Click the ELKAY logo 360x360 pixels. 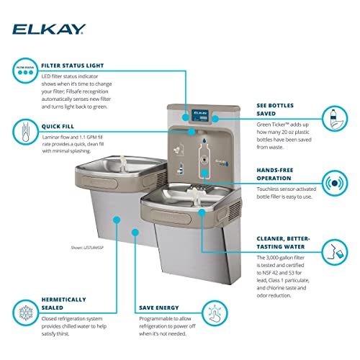[48, 29]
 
